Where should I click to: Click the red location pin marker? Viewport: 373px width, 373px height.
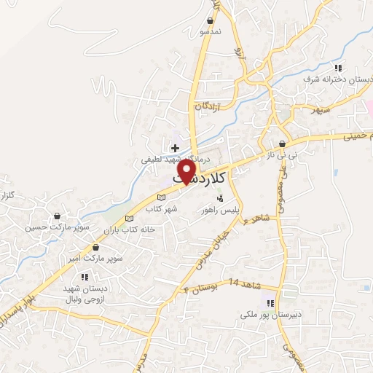point(188,171)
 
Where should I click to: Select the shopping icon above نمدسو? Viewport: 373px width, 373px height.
point(211,21)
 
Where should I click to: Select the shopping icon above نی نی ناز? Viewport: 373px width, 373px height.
point(281,144)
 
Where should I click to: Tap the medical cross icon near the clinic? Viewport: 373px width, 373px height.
point(175,147)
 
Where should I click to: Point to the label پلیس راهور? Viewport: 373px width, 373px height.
point(221,209)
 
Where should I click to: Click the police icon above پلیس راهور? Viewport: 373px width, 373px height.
point(221,197)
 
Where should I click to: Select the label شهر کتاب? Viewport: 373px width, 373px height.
point(162,209)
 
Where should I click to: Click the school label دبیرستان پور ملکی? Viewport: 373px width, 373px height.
point(270,316)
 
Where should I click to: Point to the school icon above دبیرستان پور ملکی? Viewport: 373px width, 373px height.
point(270,303)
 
